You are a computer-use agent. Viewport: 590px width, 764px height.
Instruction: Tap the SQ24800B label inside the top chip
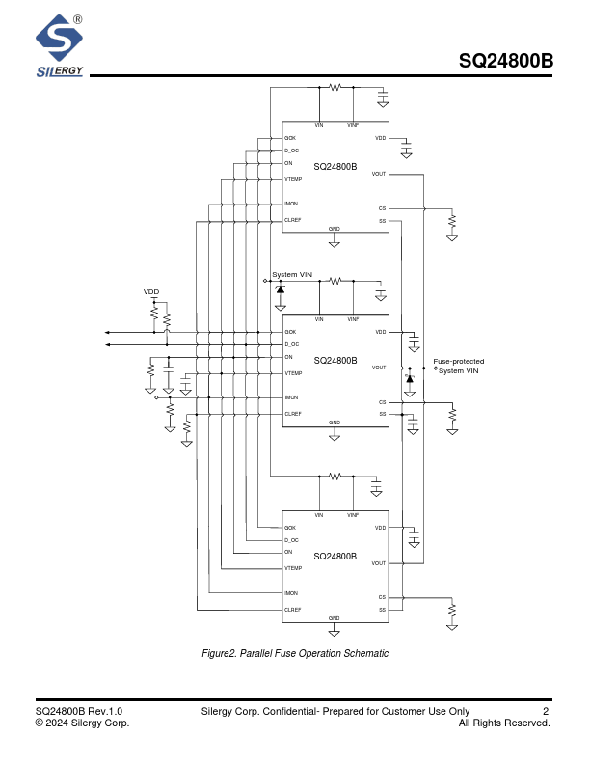point(335,167)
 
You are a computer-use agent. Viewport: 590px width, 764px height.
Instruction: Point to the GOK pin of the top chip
point(290,138)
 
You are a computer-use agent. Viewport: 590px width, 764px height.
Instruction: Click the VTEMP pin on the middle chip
point(293,373)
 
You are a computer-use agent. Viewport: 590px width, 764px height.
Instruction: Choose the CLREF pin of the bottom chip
point(293,610)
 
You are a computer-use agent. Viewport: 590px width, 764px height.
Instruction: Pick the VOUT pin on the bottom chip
point(379,563)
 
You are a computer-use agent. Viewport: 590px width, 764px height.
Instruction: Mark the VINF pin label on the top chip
point(353,125)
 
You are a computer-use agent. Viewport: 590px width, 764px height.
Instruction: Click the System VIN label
point(292,275)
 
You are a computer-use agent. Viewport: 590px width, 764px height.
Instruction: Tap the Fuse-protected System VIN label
point(459,367)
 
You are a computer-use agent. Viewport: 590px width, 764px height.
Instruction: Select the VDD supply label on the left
point(151,291)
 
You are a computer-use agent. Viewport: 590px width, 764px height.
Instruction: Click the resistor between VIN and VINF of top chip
point(335,87)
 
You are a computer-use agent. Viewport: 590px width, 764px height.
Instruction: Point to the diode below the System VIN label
point(281,289)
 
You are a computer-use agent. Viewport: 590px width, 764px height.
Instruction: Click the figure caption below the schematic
point(295,654)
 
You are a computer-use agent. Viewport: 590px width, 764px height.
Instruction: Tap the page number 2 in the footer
point(546,712)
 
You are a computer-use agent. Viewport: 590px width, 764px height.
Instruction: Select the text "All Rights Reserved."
point(504,723)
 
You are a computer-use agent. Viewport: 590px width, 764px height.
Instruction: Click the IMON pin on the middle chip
point(291,397)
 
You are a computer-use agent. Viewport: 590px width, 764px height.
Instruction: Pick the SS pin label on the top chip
point(382,221)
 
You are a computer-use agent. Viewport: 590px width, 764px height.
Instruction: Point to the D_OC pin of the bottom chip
point(291,540)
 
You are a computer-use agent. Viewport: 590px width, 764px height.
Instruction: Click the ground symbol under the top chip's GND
point(335,244)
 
